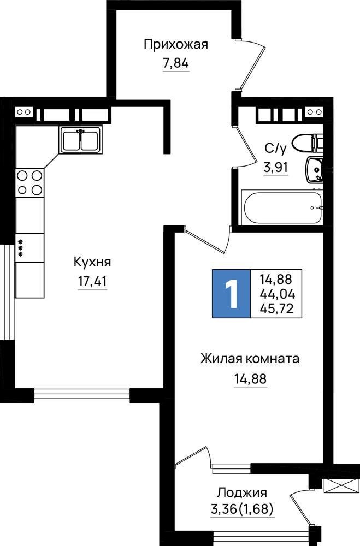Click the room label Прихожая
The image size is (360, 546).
coord(176,45)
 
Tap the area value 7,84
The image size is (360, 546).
coord(176,63)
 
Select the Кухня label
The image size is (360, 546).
coord(92,262)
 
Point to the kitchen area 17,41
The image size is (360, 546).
coord(92,281)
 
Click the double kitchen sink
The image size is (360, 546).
coord(81,139)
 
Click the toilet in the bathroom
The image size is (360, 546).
coord(308,143)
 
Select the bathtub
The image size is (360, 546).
coord(282,207)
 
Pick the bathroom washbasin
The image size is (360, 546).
coord(315,169)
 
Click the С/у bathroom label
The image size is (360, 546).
coord(276,149)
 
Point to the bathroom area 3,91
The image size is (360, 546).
coord(276,168)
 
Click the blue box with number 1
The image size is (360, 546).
coord(232,294)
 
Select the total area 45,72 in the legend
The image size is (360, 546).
coord(276,308)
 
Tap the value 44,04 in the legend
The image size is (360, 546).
coord(277,295)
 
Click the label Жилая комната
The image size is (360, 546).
coord(250,358)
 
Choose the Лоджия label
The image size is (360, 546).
coord(242,492)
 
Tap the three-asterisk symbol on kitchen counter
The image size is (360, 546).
coord(20,248)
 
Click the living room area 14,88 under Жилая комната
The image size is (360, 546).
coord(250,378)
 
